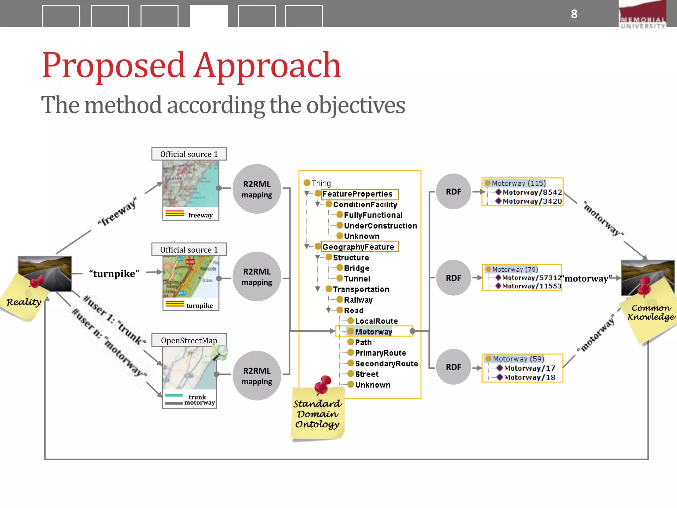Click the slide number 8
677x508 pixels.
pos(574,14)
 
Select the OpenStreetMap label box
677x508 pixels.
pos(189,340)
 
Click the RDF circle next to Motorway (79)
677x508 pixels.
pos(453,278)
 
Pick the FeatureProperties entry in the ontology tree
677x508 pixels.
pos(357,194)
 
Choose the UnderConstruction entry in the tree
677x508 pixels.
pos(380,226)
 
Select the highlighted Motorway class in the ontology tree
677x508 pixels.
pos(373,332)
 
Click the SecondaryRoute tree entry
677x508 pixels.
pos(386,363)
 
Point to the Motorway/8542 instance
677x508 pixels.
pos(532,192)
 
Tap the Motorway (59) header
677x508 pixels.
pos(518,359)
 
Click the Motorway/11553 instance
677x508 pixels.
pos(532,286)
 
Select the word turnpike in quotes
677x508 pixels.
pos(114,274)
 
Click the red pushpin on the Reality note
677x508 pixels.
pos(36,282)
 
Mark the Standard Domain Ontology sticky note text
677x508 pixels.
pos(317,414)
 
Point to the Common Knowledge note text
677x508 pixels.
pos(651,313)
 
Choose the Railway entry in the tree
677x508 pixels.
pos(358,300)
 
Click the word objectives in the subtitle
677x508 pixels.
pos(355,106)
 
